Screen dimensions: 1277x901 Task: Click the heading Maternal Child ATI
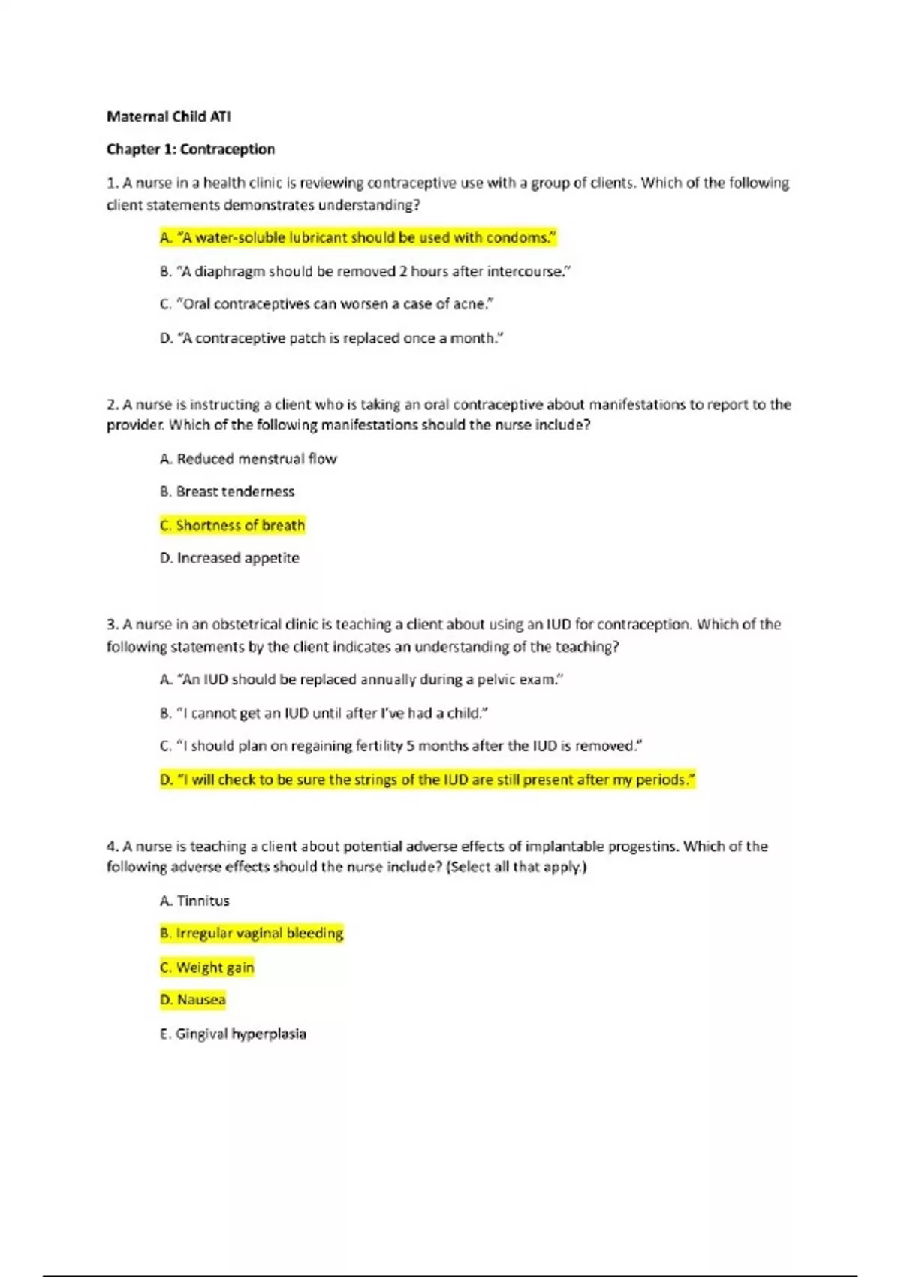pyautogui.click(x=168, y=116)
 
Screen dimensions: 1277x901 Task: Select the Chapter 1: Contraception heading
pyautogui.click(x=191, y=149)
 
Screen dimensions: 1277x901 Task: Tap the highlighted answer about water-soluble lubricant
pyautogui.click(x=357, y=238)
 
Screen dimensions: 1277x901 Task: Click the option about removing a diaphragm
pyautogui.click(x=365, y=271)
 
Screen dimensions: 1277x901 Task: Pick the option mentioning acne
pyautogui.click(x=327, y=304)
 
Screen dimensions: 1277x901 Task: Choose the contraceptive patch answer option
pyautogui.click(x=331, y=338)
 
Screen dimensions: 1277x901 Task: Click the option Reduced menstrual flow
pyautogui.click(x=248, y=459)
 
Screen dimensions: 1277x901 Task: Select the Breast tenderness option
pyautogui.click(x=227, y=491)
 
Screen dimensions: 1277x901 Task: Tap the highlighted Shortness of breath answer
pyautogui.click(x=232, y=525)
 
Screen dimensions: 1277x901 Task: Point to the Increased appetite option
pyautogui.click(x=229, y=558)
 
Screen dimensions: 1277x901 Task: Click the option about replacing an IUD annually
pyautogui.click(x=361, y=680)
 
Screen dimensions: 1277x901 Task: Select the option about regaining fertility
pyautogui.click(x=401, y=746)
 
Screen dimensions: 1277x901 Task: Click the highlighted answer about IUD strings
pyautogui.click(x=427, y=780)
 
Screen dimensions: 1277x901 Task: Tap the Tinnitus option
pyautogui.click(x=194, y=901)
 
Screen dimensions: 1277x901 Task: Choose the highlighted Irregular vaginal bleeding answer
pyautogui.click(x=252, y=934)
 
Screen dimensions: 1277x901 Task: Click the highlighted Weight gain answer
pyautogui.click(x=206, y=967)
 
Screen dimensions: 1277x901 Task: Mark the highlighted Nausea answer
pyautogui.click(x=192, y=1000)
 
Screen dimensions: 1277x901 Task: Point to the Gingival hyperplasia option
pyautogui.click(x=233, y=1034)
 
